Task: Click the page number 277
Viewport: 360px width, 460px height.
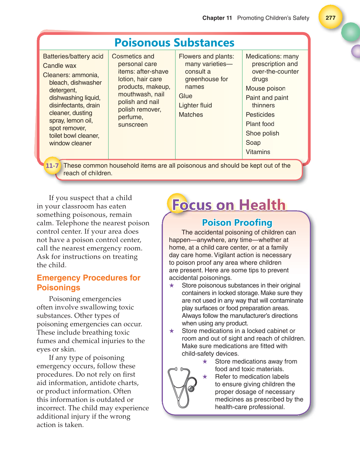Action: pyautogui.click(x=330, y=18)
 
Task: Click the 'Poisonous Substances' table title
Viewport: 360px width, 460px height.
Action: pyautogui.click(x=174, y=43)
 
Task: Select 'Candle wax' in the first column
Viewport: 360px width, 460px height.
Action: pyautogui.click(x=60, y=66)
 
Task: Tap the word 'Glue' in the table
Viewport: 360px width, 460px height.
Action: pyautogui.click(x=185, y=96)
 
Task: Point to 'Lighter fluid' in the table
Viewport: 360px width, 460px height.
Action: pyautogui.click(x=195, y=105)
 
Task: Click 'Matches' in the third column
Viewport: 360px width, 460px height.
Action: pyautogui.click(x=191, y=115)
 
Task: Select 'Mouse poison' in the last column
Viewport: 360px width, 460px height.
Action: pyautogui.click(x=265, y=89)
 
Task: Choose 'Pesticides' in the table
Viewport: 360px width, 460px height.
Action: pyautogui.click(x=260, y=115)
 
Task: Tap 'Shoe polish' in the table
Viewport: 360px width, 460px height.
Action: pyautogui.click(x=262, y=133)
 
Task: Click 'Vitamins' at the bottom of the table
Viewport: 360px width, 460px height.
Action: pyautogui.click(x=258, y=152)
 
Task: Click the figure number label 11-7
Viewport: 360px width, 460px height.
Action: pyautogui.click(x=52, y=166)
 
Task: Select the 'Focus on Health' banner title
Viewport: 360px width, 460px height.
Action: pyautogui.click(x=229, y=205)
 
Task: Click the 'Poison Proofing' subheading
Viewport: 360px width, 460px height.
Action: pyautogui.click(x=237, y=223)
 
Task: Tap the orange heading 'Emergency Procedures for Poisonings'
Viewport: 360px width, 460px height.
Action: pyautogui.click(x=89, y=282)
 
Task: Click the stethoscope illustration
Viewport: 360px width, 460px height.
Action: pyautogui.click(x=182, y=387)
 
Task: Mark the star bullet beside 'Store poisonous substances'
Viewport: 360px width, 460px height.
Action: pyautogui.click(x=172, y=286)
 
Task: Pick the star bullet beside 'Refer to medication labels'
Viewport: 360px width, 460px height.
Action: pyautogui.click(x=205, y=377)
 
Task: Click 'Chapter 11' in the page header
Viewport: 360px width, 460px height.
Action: pyautogui.click(x=217, y=18)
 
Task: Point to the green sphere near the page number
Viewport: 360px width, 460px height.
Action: pyautogui.click(x=351, y=32)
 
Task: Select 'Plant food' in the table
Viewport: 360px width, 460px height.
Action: pyautogui.click(x=260, y=124)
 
